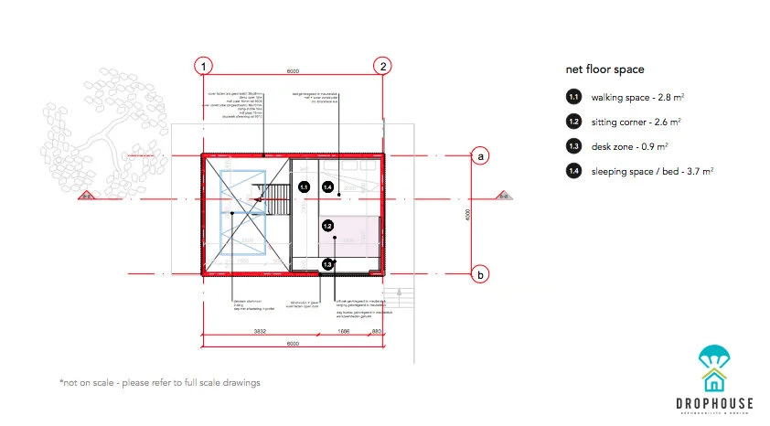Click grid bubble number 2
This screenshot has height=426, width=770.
coord(383,66)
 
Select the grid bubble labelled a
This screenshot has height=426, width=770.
coord(479,156)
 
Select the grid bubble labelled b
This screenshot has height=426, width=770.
coord(479,273)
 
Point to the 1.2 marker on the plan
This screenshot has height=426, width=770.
coord(326,225)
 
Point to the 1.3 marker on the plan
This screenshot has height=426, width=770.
coord(328,264)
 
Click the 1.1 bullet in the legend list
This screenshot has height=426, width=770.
coord(573,96)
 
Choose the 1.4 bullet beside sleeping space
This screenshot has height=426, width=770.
coord(573,170)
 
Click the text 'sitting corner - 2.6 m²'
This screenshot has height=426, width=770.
coord(636,121)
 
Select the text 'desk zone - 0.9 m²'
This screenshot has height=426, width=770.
coord(630,145)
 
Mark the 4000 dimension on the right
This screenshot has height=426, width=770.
coord(466,215)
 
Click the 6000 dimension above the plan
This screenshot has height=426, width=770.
coord(292,70)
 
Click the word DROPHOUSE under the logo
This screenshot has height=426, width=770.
coord(715,401)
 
